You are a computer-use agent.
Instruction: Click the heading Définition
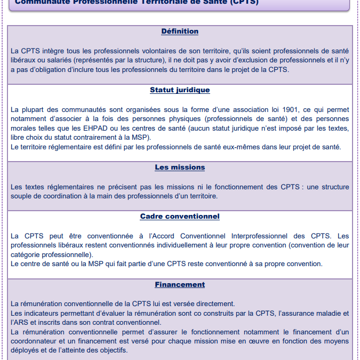coord(180,31)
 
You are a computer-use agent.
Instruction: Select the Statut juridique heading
coord(180,90)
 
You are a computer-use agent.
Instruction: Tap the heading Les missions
coord(180,167)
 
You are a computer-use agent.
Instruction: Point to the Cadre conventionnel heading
coord(180,216)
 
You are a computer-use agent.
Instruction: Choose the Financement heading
coord(180,284)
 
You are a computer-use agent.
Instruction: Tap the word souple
coord(22,196)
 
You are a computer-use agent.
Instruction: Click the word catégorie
coord(27,254)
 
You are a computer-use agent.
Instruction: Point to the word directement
coord(211,303)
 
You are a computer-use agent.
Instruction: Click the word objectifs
coord(111,350)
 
